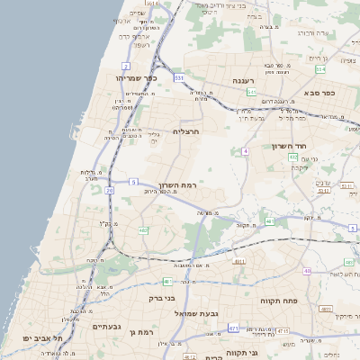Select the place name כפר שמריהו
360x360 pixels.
click(x=136, y=78)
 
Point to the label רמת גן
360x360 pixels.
click(x=144, y=333)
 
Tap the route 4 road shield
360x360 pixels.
click(x=245, y=151)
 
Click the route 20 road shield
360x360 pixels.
click(x=110, y=190)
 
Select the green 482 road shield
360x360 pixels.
click(x=143, y=231)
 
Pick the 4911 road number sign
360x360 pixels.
click(x=238, y=262)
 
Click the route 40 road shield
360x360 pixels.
click(x=307, y=270)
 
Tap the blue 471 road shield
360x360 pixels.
click(x=233, y=328)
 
